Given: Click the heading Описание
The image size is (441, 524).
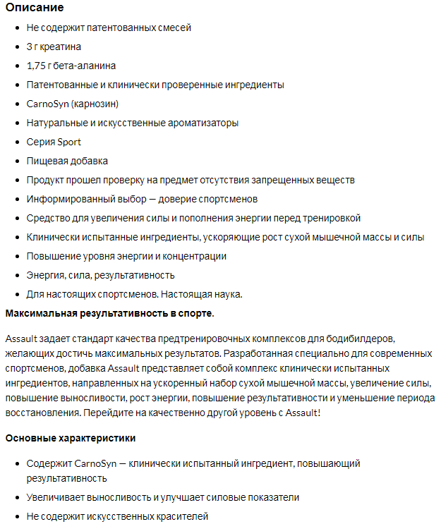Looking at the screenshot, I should pyautogui.click(x=35, y=8).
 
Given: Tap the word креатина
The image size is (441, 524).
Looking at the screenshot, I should pyautogui.click(x=62, y=47).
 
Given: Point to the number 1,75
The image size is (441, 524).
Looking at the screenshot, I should pyautogui.click(x=37, y=66).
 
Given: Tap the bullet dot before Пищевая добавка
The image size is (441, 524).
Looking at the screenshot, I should pyautogui.click(x=17, y=162).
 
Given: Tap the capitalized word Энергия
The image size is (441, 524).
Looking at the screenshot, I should pyautogui.click(x=46, y=275).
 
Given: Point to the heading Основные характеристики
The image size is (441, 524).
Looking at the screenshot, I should pyautogui.click(x=70, y=438).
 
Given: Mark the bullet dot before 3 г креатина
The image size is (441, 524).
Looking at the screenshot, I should pyautogui.click(x=17, y=47).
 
